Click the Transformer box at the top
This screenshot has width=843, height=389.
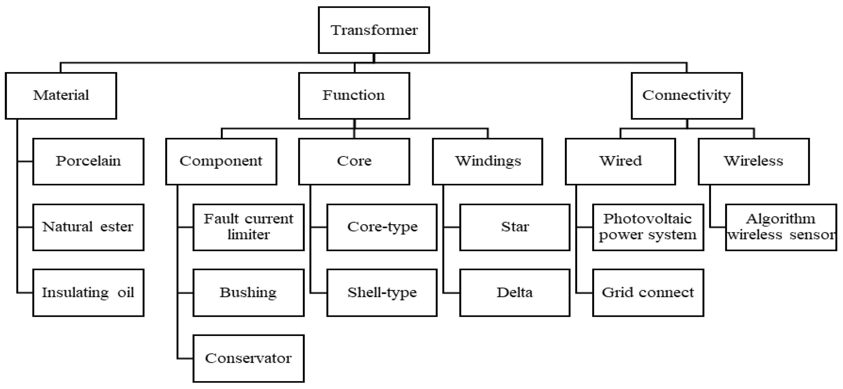pyautogui.click(x=374, y=30)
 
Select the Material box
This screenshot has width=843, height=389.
pyautogui.click(x=61, y=96)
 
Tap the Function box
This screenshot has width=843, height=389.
pyautogui.click(x=354, y=96)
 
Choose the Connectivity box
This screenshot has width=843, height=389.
pyautogui.click(x=687, y=96)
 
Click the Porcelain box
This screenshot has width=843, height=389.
pyautogui.click(x=88, y=161)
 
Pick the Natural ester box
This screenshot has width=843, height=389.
pyautogui.click(x=88, y=227)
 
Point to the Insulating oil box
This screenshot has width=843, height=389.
pyautogui.click(x=88, y=293)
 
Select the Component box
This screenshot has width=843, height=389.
pyautogui.click(x=221, y=161)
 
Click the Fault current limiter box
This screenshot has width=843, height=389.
pyautogui.click(x=248, y=227)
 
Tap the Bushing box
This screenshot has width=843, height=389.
pyautogui.click(x=248, y=293)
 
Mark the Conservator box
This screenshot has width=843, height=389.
pyautogui.click(x=248, y=359)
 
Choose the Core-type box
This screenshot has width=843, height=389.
pyautogui.click(x=382, y=227)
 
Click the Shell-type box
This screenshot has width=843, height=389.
pyautogui.click(x=382, y=293)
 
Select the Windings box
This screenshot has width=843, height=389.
pyautogui.click(x=487, y=161)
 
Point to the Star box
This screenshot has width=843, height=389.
pyautogui.click(x=515, y=227)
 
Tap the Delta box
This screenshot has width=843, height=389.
pyautogui.click(x=515, y=293)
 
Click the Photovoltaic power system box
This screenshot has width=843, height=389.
pyautogui.click(x=648, y=227)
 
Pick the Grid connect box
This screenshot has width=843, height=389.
pyautogui.click(x=648, y=293)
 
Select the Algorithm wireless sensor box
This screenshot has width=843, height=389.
pyautogui.click(x=781, y=227)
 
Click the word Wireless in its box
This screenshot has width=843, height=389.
pyautogui.click(x=753, y=161)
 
